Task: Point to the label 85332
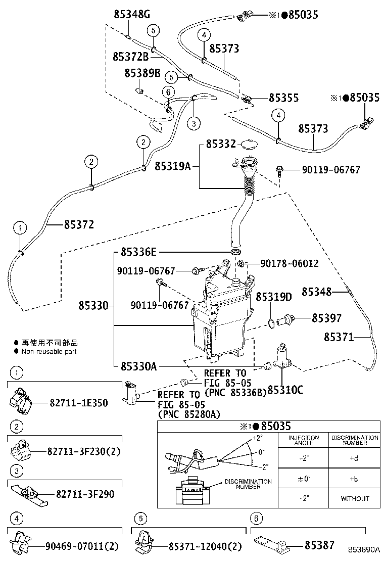(x=221, y=145)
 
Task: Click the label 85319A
(x=172, y=165)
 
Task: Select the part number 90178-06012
(x=290, y=263)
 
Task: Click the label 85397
(x=326, y=318)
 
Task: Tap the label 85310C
(x=285, y=390)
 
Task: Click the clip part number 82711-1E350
(x=78, y=403)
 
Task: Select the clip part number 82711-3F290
(x=85, y=493)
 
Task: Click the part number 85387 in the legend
(x=319, y=545)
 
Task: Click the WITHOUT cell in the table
(x=355, y=498)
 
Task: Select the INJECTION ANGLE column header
(x=303, y=440)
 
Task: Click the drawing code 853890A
(x=363, y=549)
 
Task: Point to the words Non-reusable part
(x=49, y=351)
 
